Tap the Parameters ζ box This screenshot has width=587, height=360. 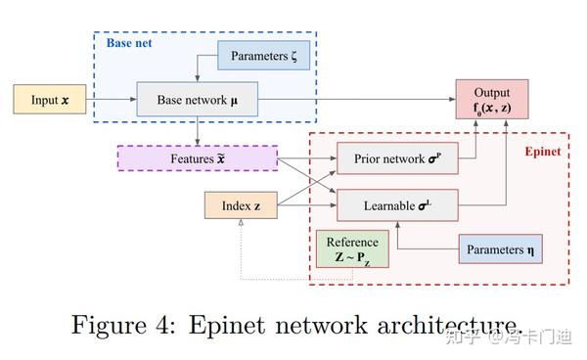point(263,57)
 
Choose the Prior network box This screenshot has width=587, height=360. point(396,158)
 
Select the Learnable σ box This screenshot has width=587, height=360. point(396,206)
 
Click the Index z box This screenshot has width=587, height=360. point(240,206)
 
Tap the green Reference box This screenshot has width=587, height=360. point(351,250)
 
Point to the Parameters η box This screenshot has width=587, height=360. point(500,249)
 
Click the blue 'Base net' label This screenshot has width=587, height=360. point(127,42)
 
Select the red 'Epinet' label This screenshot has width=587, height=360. point(541,153)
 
